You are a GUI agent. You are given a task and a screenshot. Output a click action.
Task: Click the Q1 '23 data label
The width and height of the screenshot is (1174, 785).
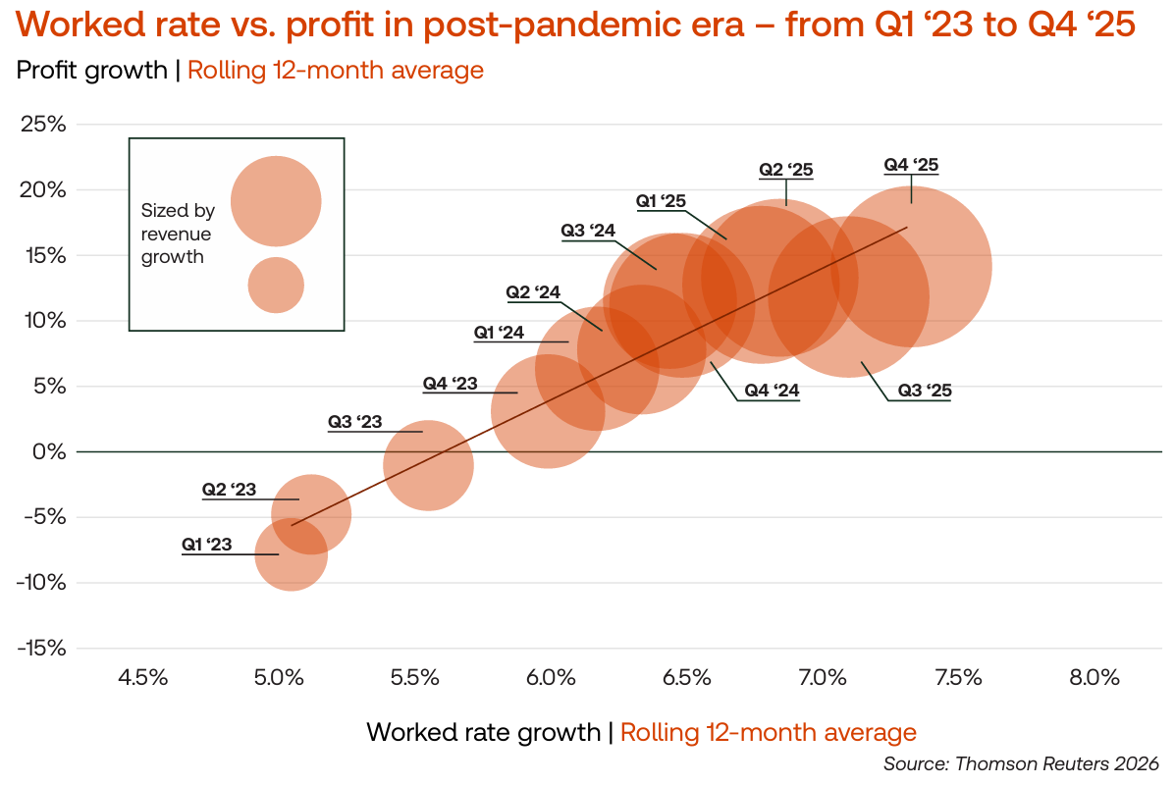207,545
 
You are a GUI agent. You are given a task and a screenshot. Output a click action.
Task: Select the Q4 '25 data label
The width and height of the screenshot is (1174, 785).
910,165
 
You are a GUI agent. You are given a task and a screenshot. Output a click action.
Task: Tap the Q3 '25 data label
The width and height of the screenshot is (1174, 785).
924,391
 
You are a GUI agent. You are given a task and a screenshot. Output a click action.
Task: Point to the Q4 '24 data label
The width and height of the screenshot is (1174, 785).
772,391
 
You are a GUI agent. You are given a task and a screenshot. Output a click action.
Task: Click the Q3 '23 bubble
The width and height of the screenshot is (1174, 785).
429,465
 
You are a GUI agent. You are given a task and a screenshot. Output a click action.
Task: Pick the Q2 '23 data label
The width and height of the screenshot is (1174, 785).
229,490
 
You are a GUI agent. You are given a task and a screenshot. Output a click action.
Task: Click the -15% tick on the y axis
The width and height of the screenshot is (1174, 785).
41,649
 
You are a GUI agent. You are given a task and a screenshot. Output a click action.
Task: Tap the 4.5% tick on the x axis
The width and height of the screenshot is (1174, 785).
143,677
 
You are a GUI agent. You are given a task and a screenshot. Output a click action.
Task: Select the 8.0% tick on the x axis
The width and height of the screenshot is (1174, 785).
1094,677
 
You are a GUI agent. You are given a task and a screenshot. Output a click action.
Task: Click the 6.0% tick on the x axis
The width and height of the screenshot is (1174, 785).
551,677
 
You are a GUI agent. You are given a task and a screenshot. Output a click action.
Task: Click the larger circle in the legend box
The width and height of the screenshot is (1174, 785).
276,201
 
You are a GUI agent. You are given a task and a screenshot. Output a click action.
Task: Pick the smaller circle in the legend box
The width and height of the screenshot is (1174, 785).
276,286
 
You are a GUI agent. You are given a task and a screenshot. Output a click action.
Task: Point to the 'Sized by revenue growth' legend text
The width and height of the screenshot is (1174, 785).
178,234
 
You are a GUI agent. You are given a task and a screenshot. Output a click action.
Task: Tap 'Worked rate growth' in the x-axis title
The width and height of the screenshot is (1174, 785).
483,732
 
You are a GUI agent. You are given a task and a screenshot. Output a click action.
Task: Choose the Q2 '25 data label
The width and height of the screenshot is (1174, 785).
786,170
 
